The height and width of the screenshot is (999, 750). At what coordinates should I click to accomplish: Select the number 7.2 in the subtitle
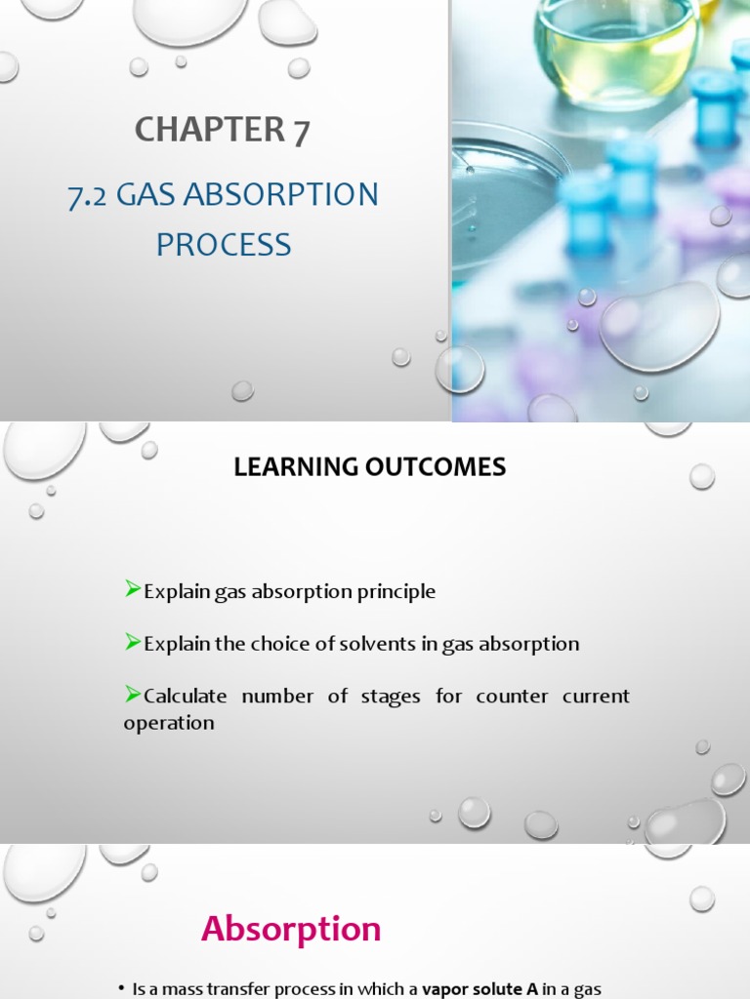pyautogui.click(x=88, y=195)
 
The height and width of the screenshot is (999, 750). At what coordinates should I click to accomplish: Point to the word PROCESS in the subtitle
pyautogui.click(x=224, y=244)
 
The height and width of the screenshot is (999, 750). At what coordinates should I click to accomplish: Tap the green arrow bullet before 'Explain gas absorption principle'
pyautogui.click(x=133, y=589)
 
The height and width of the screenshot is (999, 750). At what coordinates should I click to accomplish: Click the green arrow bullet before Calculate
pyautogui.click(x=133, y=694)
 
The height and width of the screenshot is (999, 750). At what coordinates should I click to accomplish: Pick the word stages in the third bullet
pyautogui.click(x=395, y=697)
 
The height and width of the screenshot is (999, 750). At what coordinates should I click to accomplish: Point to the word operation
pyautogui.click(x=169, y=723)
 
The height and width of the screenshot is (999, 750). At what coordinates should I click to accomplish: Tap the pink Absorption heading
pyautogui.click(x=291, y=929)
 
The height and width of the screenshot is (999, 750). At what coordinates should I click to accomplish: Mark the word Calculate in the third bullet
pyautogui.click(x=186, y=697)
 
